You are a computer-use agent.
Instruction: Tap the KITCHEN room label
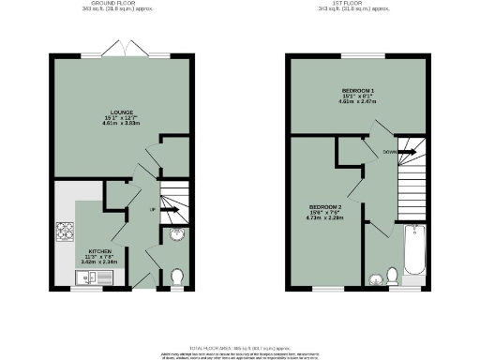pyautogui.click(x=100, y=251)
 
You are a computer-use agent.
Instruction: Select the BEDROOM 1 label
pyautogui.click(x=354, y=91)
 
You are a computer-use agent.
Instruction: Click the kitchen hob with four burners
pyautogui.click(x=67, y=229)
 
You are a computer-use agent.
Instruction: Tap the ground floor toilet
pyautogui.click(x=177, y=277)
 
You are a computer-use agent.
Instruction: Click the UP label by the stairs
pyautogui.click(x=152, y=211)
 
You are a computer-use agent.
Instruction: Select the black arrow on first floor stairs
pyautogui.click(x=411, y=149)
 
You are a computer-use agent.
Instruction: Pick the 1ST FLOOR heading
pyautogui.click(x=354, y=5)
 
